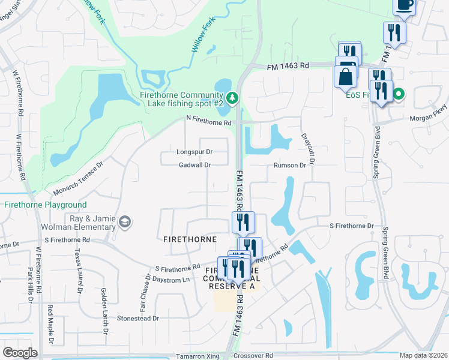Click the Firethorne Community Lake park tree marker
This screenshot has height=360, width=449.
click(x=232, y=97)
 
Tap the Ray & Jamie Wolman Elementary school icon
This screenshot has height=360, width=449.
click(x=124, y=223)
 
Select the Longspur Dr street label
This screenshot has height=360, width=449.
click(x=194, y=152)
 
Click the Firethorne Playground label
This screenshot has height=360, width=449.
click(x=46, y=205)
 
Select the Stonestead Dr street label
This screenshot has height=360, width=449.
click(x=138, y=318)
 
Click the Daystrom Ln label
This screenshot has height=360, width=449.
click(x=172, y=280)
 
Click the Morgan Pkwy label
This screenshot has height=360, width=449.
click(x=429, y=118)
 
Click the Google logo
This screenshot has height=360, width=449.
click(x=20, y=352)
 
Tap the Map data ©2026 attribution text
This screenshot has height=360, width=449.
click(x=423, y=355)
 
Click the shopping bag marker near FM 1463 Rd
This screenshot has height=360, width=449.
click(x=346, y=77)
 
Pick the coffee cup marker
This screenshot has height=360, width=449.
click(x=404, y=5)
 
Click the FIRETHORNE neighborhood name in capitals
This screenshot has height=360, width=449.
click(x=190, y=239)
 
